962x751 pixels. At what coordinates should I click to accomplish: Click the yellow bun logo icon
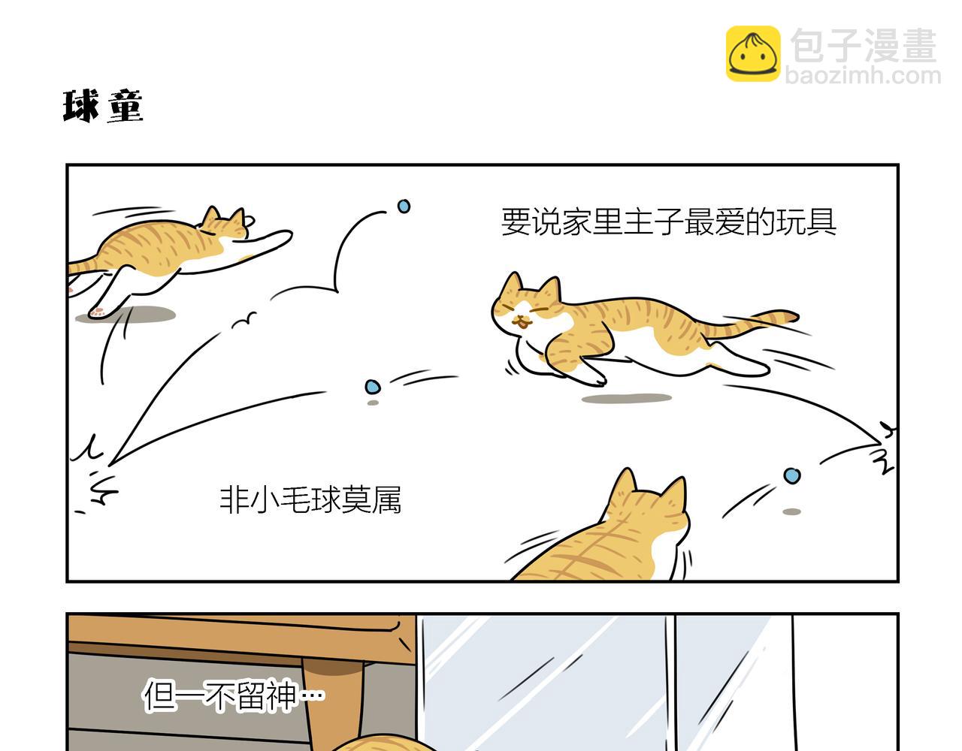(x=753, y=53)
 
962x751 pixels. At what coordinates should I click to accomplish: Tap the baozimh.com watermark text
(x=863, y=76)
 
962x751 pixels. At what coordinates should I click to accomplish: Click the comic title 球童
(x=103, y=106)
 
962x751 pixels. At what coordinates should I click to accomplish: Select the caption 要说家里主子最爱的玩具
(x=668, y=222)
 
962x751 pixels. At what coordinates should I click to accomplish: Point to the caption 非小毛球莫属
(x=310, y=500)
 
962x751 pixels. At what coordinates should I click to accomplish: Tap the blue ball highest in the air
(x=404, y=206)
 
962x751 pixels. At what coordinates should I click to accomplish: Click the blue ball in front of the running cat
(x=373, y=387)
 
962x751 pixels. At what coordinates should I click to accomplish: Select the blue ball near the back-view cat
(x=792, y=476)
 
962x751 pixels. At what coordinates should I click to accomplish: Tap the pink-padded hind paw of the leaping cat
(x=98, y=312)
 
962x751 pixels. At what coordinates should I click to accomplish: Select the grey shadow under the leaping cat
(x=126, y=315)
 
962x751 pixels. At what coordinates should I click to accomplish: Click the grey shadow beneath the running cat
(x=627, y=398)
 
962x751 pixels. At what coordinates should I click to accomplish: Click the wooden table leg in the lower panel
(x=337, y=703)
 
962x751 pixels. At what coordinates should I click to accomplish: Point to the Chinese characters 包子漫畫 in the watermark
(x=864, y=46)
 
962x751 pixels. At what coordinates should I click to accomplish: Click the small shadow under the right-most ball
(x=792, y=511)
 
